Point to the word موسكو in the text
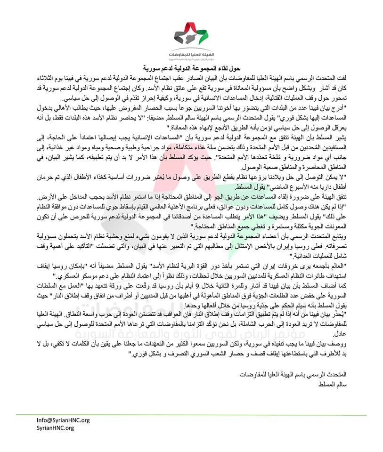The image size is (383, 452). pos(94,274)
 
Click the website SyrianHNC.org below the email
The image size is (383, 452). pos(55,428)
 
